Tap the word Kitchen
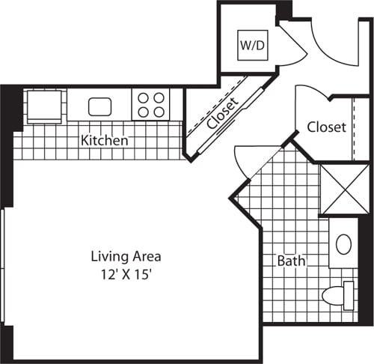[104, 140]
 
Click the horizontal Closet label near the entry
[326, 127]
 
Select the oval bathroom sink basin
[344, 244]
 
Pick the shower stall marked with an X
[344, 189]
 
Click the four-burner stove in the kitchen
[150, 104]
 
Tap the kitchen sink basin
[99, 106]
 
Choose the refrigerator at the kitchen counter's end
[45, 105]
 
